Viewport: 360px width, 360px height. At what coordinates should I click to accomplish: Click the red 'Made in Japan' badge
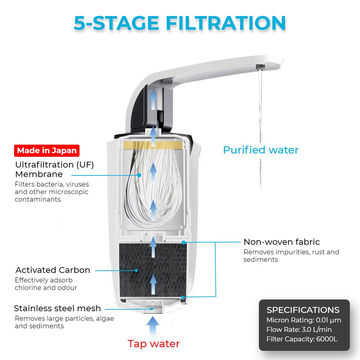tap(47, 150)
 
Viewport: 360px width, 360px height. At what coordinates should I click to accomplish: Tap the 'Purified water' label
tap(261, 150)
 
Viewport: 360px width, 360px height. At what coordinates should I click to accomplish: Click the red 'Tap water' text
tap(154, 344)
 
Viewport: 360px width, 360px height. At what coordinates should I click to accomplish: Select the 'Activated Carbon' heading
tap(53, 270)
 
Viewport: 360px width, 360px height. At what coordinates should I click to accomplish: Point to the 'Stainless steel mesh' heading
tap(57, 308)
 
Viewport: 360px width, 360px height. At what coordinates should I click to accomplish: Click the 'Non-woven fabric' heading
tap(282, 242)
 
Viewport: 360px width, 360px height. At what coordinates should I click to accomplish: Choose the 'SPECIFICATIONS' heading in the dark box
tap(303, 310)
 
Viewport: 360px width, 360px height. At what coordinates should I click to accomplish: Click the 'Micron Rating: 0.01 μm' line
tap(304, 320)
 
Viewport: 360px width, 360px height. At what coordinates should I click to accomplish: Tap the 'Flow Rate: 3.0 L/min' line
tap(299, 330)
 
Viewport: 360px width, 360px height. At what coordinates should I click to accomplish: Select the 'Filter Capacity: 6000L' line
tap(302, 339)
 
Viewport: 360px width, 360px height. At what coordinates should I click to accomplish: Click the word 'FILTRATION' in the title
tap(226, 23)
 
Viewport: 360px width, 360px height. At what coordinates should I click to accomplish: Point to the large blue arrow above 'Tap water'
tap(153, 326)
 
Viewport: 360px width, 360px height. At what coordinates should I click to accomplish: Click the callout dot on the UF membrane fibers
tap(139, 175)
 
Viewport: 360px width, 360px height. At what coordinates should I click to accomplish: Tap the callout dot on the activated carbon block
tap(136, 271)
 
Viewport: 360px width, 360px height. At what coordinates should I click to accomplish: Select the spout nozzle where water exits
tap(261, 67)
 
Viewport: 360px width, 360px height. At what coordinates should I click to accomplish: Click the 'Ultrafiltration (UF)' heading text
tap(54, 165)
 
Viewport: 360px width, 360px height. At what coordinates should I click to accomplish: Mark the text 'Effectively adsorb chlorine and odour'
tap(46, 284)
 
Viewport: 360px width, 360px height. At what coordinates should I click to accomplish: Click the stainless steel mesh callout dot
tap(152, 309)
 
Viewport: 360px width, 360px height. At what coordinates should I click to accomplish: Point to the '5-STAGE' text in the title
tap(116, 23)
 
